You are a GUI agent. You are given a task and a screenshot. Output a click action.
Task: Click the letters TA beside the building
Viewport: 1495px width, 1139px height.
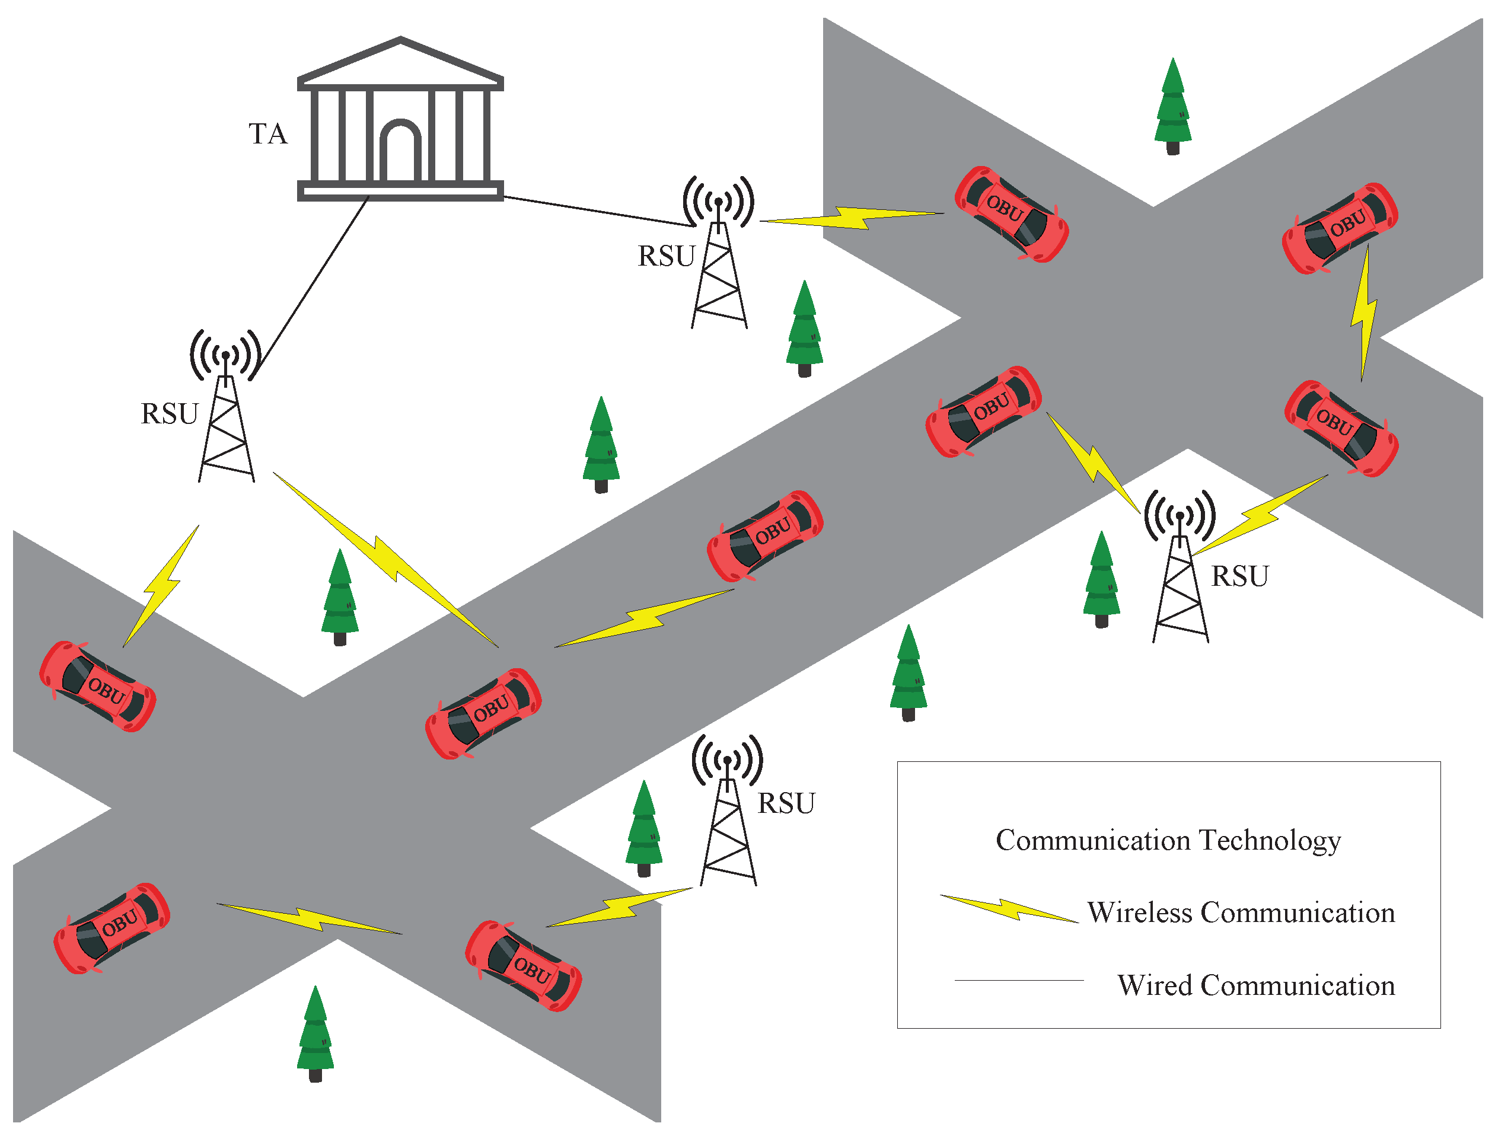(x=268, y=133)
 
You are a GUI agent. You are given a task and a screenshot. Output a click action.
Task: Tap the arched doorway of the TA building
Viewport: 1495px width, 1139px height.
(x=400, y=152)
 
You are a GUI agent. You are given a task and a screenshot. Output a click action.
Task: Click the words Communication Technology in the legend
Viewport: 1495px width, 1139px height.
(x=1168, y=841)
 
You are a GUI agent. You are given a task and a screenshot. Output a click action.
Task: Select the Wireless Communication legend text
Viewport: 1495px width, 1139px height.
(x=1241, y=913)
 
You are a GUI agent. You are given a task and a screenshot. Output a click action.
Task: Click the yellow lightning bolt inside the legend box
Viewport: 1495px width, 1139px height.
(x=1009, y=909)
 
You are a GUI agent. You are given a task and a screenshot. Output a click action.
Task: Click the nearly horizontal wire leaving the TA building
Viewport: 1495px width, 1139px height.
(x=597, y=211)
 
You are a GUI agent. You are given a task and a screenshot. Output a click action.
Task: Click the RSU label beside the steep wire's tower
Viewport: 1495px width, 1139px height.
(x=169, y=414)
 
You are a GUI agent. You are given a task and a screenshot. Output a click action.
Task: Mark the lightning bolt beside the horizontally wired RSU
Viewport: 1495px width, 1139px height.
(x=851, y=217)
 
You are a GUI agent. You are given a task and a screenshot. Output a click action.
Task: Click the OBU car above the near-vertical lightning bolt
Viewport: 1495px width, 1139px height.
(x=1339, y=228)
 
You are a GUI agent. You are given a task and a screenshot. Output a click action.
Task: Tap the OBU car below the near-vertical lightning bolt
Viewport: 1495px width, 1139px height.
(x=1340, y=428)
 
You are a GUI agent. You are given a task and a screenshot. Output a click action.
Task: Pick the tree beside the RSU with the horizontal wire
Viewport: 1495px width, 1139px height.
(x=804, y=329)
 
